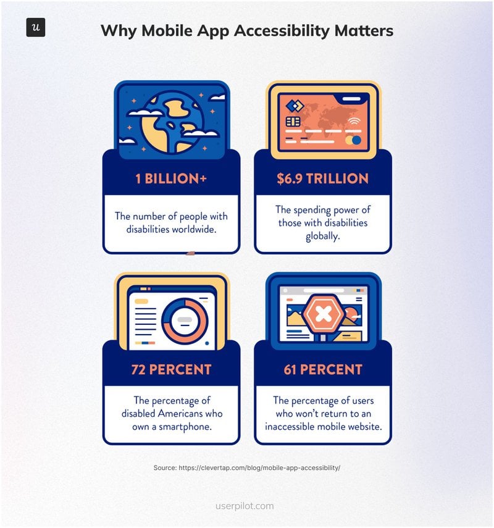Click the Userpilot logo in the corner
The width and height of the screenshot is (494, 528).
36,28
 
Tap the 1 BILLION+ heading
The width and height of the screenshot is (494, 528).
171,179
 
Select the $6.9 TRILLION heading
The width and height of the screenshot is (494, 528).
323,179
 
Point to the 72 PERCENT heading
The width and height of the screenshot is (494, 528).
171,370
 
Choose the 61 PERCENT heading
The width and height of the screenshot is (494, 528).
323,370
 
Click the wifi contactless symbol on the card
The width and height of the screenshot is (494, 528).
353,121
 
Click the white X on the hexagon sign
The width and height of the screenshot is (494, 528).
323,316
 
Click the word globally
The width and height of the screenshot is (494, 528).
323,236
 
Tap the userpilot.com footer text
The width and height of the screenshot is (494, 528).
247,506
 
